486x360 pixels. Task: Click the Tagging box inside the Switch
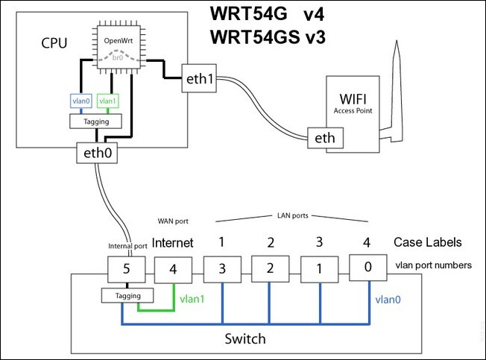(122, 297)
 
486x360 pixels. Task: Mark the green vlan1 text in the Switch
(193, 300)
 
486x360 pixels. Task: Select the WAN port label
(173, 221)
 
